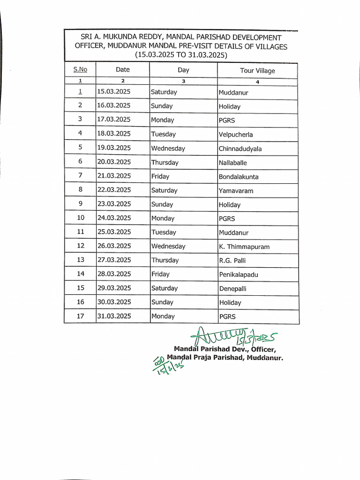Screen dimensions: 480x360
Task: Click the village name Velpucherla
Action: click(235, 135)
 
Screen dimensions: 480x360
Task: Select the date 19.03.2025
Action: click(113, 148)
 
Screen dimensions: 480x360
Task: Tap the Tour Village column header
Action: click(257, 71)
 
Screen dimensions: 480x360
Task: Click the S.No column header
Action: click(80, 70)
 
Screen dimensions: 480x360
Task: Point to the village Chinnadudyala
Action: click(240, 149)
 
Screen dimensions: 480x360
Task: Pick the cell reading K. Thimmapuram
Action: click(244, 247)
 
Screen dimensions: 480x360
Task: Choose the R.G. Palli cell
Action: click(232, 261)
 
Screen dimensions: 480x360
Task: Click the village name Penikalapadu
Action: click(239, 275)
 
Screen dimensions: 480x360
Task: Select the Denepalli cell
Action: click(232, 289)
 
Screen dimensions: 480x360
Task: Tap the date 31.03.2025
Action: click(113, 316)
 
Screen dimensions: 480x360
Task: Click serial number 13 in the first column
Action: click(80, 260)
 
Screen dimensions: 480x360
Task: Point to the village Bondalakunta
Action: click(239, 177)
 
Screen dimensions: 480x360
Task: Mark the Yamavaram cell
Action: click(236, 191)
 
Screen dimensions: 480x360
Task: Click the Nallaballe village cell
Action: click(232, 163)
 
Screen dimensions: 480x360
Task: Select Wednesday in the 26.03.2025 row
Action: click(168, 246)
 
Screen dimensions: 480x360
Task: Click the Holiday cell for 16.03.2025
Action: click(229, 106)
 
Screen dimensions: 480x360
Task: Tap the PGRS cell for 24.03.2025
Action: click(227, 218)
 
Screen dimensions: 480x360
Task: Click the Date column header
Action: click(123, 70)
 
